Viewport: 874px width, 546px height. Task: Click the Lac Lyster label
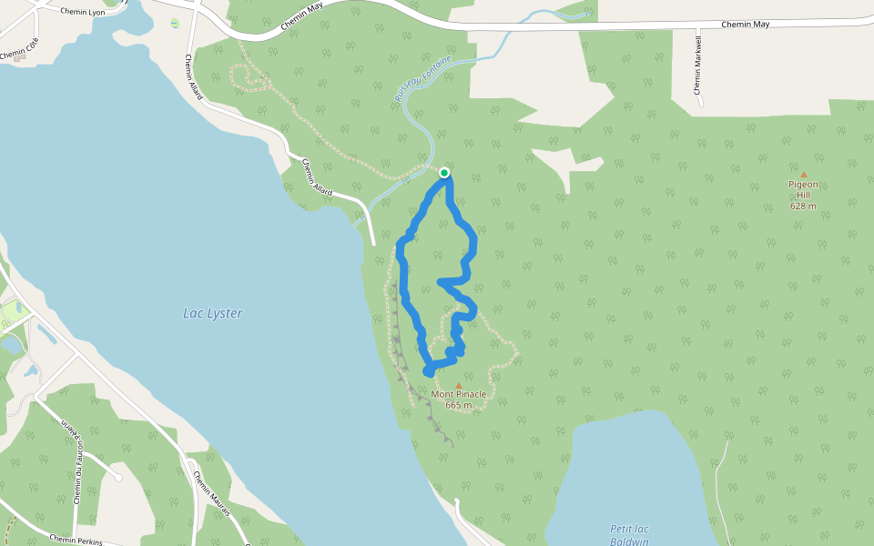pos(213,313)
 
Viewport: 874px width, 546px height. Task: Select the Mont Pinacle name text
pos(459,394)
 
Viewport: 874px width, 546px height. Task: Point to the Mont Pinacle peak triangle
pos(459,385)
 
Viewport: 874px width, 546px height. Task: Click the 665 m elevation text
pos(459,405)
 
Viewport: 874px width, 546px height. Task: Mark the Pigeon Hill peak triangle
pos(803,175)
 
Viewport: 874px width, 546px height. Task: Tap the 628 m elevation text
pos(803,206)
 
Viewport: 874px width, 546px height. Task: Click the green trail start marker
pos(444,172)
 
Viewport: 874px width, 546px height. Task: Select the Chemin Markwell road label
pos(698,65)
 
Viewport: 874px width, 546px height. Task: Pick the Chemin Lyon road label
pos(83,12)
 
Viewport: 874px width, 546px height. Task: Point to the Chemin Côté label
pos(20,49)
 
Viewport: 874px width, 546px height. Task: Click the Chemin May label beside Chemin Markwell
pos(745,24)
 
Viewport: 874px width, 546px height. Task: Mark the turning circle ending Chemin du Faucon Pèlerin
pos(117,477)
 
